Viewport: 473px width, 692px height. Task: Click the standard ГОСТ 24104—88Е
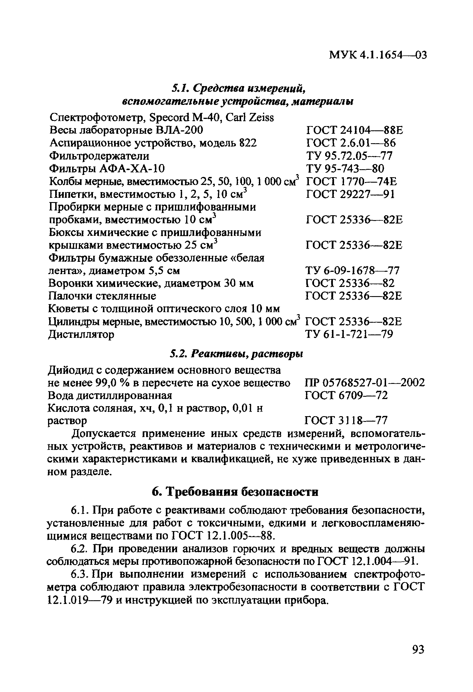[354, 130]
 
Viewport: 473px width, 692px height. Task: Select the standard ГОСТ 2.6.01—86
[351, 143]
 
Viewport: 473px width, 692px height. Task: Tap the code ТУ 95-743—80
[345, 169]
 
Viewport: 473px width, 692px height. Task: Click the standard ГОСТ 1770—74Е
[351, 182]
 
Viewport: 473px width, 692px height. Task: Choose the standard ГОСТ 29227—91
[350, 194]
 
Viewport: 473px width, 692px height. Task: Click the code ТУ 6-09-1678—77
[352, 271]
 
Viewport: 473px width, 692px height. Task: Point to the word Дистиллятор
[81, 335]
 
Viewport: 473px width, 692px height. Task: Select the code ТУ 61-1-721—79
[349, 334]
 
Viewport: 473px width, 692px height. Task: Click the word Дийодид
[71, 370]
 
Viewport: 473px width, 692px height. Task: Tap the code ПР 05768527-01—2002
[365, 383]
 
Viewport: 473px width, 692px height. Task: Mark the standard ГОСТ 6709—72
[346, 395]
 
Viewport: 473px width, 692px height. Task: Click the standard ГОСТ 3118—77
[346, 421]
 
